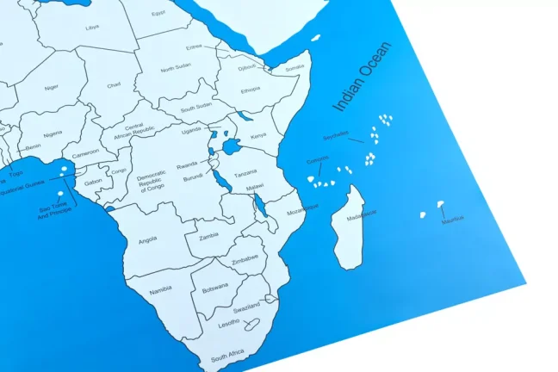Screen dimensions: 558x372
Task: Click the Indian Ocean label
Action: click(362, 78)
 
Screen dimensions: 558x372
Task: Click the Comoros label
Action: click(317, 161)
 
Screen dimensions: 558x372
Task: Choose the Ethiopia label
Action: click(251, 89)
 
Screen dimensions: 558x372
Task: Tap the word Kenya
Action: click(257, 135)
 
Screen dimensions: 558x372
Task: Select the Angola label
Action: click(147, 240)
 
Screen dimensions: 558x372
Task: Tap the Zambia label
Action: click(208, 234)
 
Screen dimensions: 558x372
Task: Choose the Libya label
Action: click(92, 27)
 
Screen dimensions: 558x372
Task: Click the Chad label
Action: click(114, 85)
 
